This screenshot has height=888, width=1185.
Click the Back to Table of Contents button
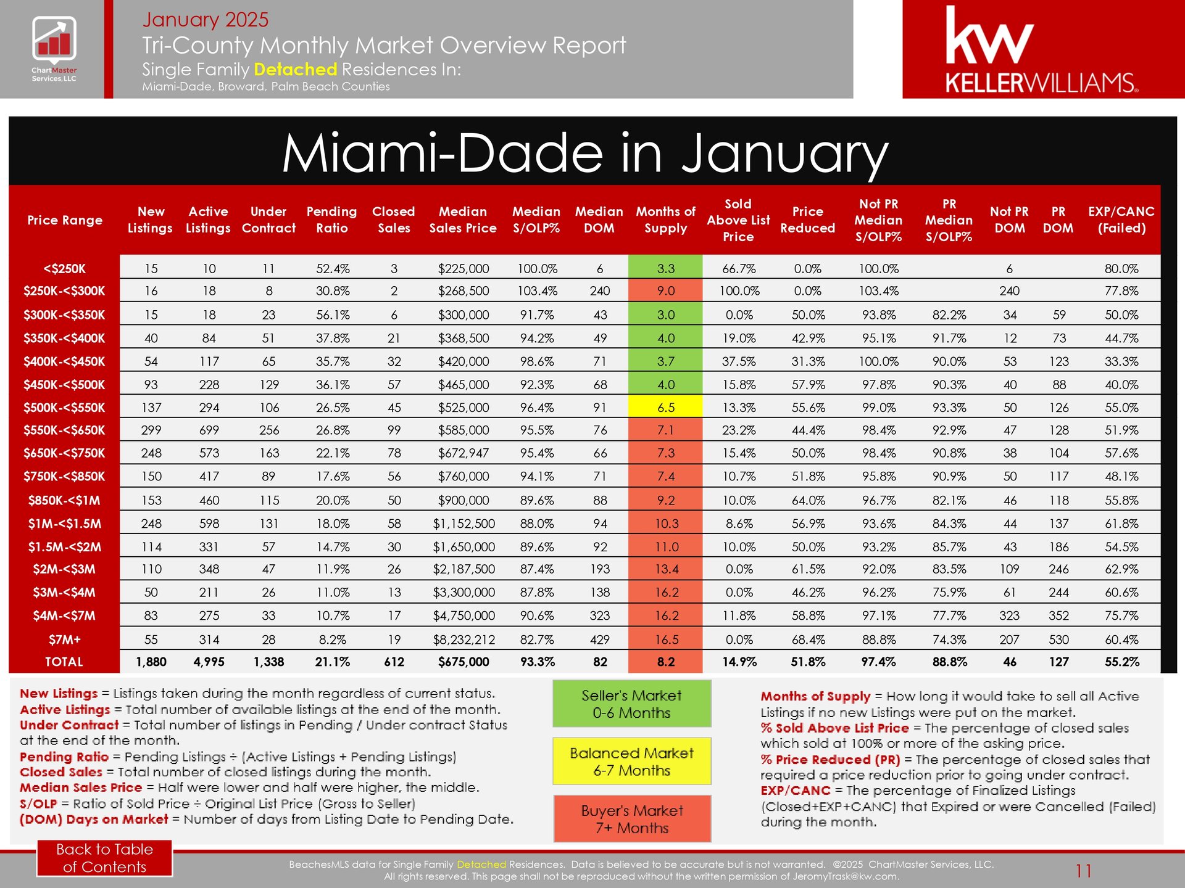(104, 858)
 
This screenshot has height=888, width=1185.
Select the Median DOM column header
(599, 220)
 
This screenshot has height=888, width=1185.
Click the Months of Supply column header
(665, 220)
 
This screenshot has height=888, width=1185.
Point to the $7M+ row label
(64, 639)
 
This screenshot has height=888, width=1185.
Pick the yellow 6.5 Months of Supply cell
(665, 407)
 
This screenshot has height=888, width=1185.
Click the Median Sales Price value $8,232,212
(464, 639)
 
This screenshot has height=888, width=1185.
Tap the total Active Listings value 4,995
(209, 662)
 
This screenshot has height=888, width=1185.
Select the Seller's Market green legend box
(631, 704)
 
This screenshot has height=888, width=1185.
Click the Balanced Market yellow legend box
(631, 761)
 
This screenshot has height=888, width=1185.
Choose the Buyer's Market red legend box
(632, 819)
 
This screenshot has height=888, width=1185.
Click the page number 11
(1083, 871)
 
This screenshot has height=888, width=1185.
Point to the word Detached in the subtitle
(295, 69)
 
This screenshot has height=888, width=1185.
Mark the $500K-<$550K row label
(64, 408)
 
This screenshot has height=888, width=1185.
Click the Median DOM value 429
(599, 639)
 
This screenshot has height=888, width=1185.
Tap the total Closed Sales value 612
(394, 662)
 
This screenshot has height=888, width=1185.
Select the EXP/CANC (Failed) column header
(1121, 220)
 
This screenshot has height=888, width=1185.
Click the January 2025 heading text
(206, 19)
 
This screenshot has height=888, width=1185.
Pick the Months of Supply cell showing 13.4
(666, 569)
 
